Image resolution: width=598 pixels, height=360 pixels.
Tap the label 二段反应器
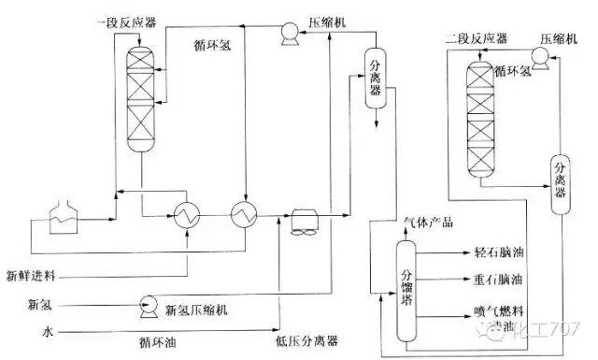coord(476,38)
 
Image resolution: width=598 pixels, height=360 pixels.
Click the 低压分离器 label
coord(308,342)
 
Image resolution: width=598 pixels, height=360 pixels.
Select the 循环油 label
coord(155,342)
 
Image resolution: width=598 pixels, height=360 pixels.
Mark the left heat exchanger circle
coord(187,214)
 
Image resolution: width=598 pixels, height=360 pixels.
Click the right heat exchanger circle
coord(245,214)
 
